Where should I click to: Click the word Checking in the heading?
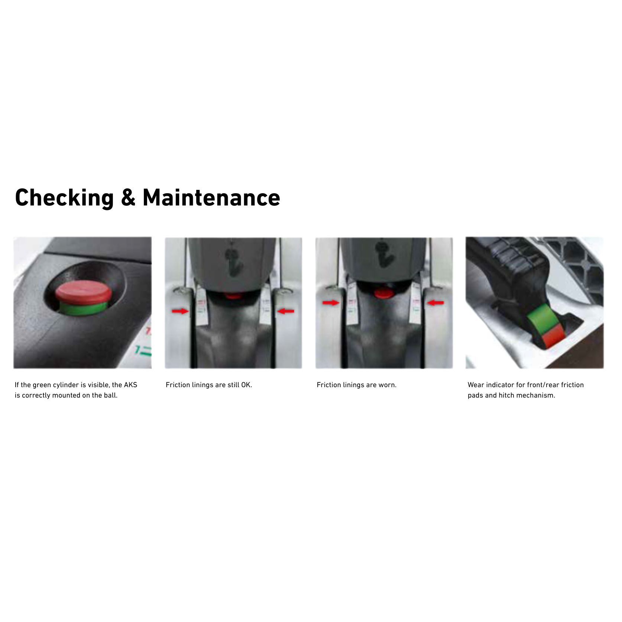[x=64, y=198]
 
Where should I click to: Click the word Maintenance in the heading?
[x=211, y=197]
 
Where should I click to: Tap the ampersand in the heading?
[x=128, y=197]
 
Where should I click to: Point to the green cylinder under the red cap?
[x=83, y=308]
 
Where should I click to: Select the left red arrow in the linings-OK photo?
[x=180, y=311]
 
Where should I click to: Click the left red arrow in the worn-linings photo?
[x=331, y=303]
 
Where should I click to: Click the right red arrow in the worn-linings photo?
[x=435, y=303]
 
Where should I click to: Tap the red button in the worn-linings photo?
[x=383, y=293]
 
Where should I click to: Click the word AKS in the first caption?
[x=130, y=385]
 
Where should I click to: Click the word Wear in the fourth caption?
[x=476, y=385]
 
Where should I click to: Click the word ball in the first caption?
[x=110, y=395]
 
